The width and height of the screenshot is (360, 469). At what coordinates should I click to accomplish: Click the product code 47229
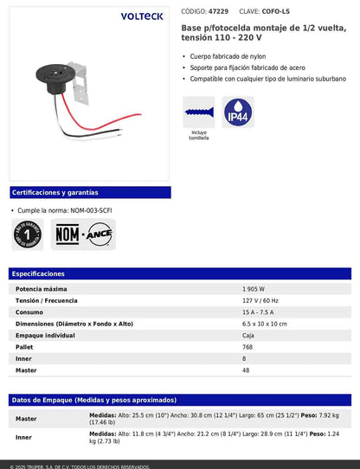pyautogui.click(x=218, y=12)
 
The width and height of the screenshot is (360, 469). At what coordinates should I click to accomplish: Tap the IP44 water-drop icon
pyautogui.click(x=238, y=112)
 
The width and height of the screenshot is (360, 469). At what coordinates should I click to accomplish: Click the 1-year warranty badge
pyautogui.click(x=30, y=234)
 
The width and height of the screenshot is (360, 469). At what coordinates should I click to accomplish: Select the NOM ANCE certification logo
pyautogui.click(x=84, y=234)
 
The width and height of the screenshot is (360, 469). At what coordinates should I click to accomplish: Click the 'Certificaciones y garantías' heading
pyautogui.click(x=55, y=192)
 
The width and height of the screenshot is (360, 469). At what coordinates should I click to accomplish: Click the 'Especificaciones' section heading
pyautogui.click(x=38, y=273)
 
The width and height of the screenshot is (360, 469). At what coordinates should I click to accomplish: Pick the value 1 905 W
pyautogui.click(x=254, y=288)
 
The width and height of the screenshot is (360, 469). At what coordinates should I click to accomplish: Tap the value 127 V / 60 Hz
pyautogui.click(x=260, y=300)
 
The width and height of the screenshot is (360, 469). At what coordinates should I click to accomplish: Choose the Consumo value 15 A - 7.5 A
pyautogui.click(x=261, y=312)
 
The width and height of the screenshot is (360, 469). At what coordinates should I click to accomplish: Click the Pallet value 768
pyautogui.click(x=248, y=346)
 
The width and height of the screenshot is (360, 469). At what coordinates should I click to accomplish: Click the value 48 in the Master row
pyautogui.click(x=246, y=369)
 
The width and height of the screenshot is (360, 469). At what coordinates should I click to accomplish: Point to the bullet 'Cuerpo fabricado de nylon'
pyautogui.click(x=230, y=56)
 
